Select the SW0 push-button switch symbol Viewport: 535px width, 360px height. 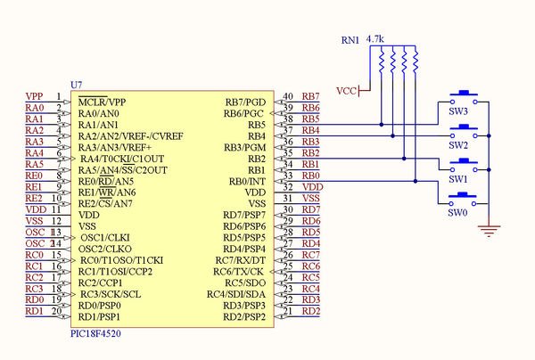tap(464, 198)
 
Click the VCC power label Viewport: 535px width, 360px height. tap(345, 91)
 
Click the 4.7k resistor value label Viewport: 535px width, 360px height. tap(375, 40)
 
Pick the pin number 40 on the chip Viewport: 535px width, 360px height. tap(287, 96)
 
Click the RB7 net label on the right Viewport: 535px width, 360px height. tap(311, 96)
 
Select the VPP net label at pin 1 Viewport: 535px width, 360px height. tap(34, 96)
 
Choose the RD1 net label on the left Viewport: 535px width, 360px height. tap(34, 311)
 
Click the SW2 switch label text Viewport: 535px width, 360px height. tap(458, 145)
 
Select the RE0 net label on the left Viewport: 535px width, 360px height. tap(33, 176)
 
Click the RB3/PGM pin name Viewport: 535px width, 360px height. tap(243, 147)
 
